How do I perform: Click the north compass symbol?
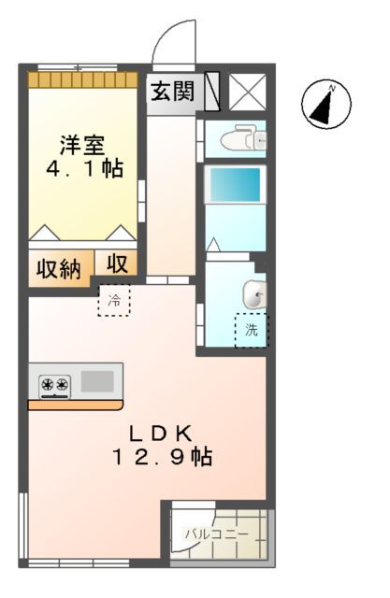coord(325,104)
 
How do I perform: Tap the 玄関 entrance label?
coord(173,92)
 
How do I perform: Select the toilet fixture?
coord(238,139)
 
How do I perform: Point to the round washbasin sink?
coord(253,294)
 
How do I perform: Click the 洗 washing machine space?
coord(251,330)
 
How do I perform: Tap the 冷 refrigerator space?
coord(114,301)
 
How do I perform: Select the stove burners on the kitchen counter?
coord(55,383)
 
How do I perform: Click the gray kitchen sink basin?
coord(96,381)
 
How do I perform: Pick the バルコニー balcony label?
coord(217,534)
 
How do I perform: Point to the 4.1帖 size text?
coord(83,170)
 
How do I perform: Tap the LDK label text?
coord(161,433)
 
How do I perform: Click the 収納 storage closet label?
coord(59,269)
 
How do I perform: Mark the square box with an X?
coord(248,91)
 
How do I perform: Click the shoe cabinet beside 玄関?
coord(211,91)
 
